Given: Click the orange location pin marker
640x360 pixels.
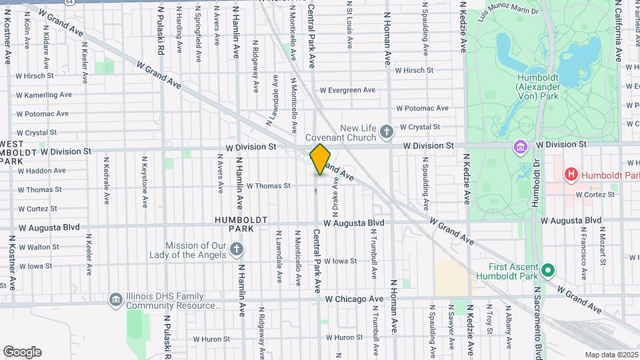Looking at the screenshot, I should [x=320, y=159].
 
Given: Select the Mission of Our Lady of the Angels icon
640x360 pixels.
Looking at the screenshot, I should [x=235, y=250].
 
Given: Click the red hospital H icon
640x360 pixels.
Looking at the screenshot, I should [x=571, y=175].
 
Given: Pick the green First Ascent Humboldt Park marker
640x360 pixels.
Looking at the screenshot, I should [x=548, y=271].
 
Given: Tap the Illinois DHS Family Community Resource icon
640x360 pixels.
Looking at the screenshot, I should [x=116, y=300].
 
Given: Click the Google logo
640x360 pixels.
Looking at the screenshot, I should [x=23, y=352].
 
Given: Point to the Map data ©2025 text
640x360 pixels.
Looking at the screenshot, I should [x=611, y=355].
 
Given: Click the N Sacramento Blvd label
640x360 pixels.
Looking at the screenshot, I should [x=537, y=320].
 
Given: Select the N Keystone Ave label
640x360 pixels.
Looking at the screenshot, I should [x=144, y=182].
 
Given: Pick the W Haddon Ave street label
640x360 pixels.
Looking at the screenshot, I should [x=41, y=171].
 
